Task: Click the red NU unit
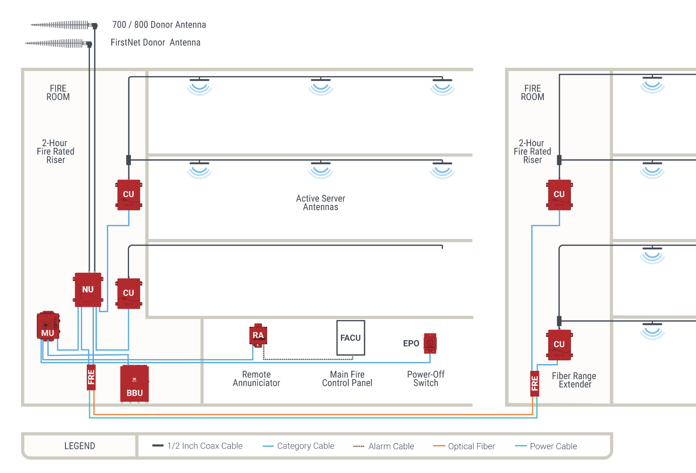point(88,290)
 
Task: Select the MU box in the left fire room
point(48,326)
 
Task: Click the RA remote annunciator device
point(258,335)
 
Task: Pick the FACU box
point(350,338)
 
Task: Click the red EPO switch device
point(430,343)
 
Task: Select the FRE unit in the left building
point(91,377)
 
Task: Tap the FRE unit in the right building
point(535,384)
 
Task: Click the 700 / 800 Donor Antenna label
point(159,25)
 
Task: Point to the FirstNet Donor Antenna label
point(155,43)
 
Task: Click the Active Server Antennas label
point(320,203)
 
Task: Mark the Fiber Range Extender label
point(574,380)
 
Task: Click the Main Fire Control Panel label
point(347,379)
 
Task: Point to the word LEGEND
point(80,446)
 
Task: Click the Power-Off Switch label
point(426,379)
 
